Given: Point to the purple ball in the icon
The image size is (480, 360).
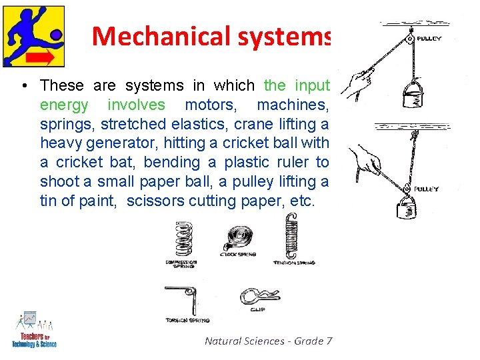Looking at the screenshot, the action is (56, 33).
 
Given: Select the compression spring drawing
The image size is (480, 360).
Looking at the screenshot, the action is (182, 240).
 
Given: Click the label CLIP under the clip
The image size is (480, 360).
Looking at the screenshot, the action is (257, 309).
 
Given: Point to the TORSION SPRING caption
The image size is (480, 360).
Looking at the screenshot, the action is (189, 321).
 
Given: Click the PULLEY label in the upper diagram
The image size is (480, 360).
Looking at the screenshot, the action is (429, 39).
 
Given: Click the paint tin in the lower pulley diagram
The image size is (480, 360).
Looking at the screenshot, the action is (407, 207).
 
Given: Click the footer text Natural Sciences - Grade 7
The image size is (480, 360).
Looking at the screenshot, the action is (268, 341).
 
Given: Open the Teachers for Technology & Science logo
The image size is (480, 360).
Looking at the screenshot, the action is (33, 329).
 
